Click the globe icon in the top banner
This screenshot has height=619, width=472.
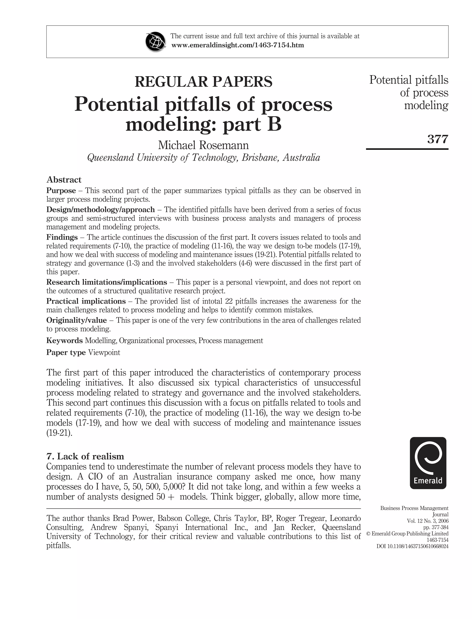[x=155, y=42]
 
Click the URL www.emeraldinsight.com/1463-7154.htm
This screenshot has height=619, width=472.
[x=237, y=45]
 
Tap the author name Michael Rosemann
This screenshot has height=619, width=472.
[x=204, y=145]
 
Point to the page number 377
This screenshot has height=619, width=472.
[x=437, y=139]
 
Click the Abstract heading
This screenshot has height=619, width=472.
[x=64, y=179]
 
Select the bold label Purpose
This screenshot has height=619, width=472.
[x=61, y=191]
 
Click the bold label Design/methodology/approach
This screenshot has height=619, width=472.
[x=100, y=209]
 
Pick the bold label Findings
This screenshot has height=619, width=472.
[x=62, y=237]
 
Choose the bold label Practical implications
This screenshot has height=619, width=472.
[x=86, y=301]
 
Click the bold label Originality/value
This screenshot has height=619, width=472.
[x=77, y=320]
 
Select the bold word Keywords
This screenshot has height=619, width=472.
[x=64, y=341]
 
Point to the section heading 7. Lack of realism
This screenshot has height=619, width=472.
[x=85, y=456]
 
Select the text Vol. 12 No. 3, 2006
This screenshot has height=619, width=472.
[x=427, y=521]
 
